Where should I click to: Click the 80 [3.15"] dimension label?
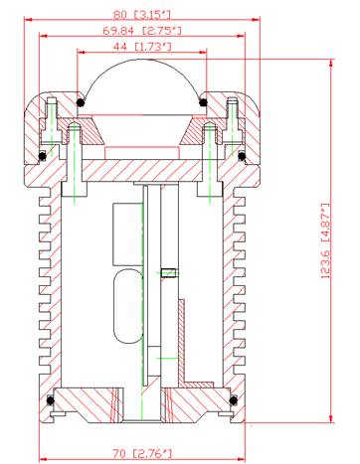pyautogui.click(x=142, y=15)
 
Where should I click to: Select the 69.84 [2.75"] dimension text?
pyautogui.click(x=142, y=31)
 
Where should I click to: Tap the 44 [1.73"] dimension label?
pyautogui.click(x=142, y=47)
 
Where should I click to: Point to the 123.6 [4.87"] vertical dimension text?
pyautogui.click(x=326, y=240)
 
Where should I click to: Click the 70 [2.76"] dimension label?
pyautogui.click(x=142, y=453)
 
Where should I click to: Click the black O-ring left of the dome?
pyautogui.click(x=80, y=102)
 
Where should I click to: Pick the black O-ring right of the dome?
pyautogui.click(x=203, y=102)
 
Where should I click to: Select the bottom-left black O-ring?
pyautogui.click(x=51, y=400)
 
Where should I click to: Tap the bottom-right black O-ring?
pyautogui.click(x=234, y=400)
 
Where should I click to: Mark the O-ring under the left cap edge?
pyautogui.click(x=42, y=156)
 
